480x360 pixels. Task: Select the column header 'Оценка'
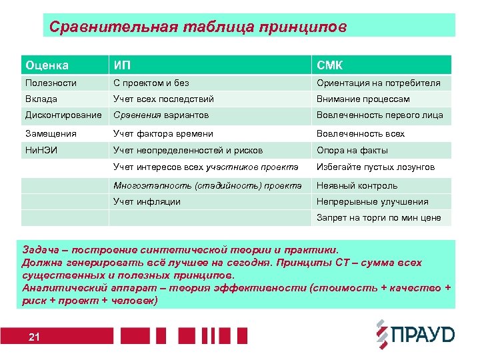click(47, 65)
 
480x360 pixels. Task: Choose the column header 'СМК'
click(331, 65)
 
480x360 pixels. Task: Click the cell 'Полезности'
click(51, 83)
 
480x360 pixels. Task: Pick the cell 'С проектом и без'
click(151, 83)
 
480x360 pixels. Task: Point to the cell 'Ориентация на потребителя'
click(378, 83)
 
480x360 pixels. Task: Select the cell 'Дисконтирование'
click(63, 115)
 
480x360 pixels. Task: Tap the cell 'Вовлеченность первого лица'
click(379, 115)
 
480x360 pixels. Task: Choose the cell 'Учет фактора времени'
click(163, 134)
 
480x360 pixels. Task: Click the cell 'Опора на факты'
click(351, 151)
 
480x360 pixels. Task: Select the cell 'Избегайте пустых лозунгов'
click(375, 167)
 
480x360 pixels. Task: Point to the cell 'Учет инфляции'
click(147, 201)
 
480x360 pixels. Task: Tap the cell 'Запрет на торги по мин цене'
click(378, 218)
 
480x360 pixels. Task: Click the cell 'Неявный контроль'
click(357, 185)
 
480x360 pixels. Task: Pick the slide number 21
click(35, 337)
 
